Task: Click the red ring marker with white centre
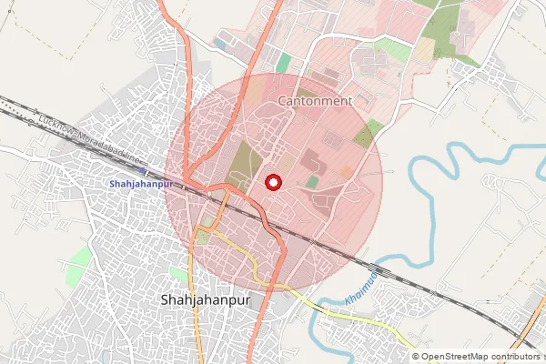(272, 182)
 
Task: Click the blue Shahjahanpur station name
(141, 184)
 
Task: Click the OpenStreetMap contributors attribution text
(479, 357)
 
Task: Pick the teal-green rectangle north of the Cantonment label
(284, 63)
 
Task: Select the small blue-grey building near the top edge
(220, 43)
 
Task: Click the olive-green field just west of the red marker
(242, 164)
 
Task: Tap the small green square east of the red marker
(312, 182)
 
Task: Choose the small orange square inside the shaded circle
(346, 171)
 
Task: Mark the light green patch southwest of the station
(80, 256)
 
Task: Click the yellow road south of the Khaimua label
(364, 318)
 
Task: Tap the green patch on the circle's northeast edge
(367, 136)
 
